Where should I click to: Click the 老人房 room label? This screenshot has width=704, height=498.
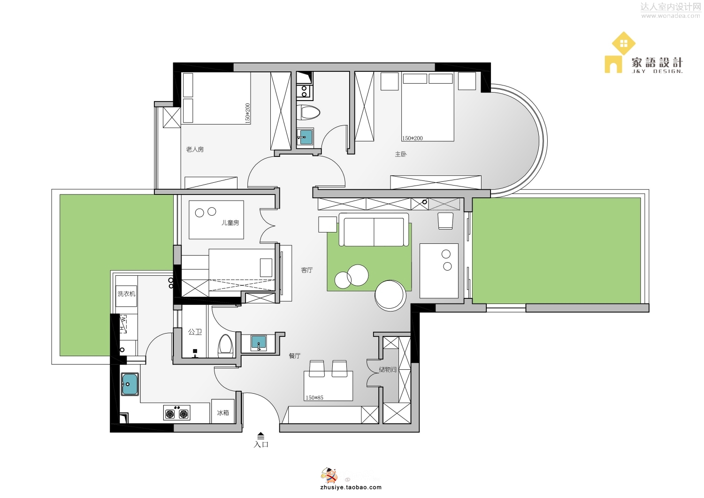coord(195,149)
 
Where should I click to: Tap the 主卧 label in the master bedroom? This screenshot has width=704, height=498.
coord(401,154)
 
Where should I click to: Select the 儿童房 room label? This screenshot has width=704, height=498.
coord(230,223)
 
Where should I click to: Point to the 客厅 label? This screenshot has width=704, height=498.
coord(307,270)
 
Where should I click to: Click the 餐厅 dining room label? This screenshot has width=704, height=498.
coord(294,356)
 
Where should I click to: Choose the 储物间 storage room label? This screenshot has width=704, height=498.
coord(388,369)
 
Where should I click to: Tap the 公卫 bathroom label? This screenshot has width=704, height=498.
coord(195,332)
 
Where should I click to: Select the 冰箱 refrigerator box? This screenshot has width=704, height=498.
coord(223,411)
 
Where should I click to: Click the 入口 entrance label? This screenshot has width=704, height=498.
coord(261,444)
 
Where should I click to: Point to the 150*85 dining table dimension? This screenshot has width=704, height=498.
coord(314,397)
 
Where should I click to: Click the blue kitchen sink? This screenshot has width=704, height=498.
coord(130,384)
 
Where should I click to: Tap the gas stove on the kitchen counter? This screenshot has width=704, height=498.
coord(176,412)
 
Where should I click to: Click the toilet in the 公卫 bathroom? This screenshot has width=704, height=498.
coord(225,345)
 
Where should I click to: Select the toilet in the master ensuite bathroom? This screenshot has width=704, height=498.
coord(308,112)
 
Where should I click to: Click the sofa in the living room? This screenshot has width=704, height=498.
coord(374,230)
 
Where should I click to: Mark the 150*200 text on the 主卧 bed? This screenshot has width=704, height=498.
coord(413,138)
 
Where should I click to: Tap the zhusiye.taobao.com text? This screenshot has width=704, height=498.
coord(351,487)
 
